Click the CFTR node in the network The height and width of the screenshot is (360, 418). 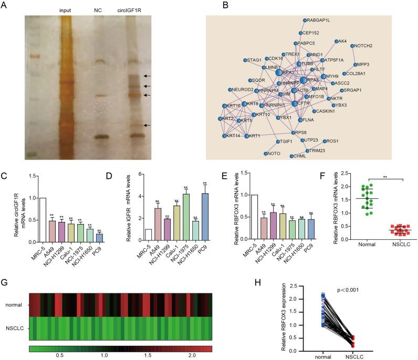296,104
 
